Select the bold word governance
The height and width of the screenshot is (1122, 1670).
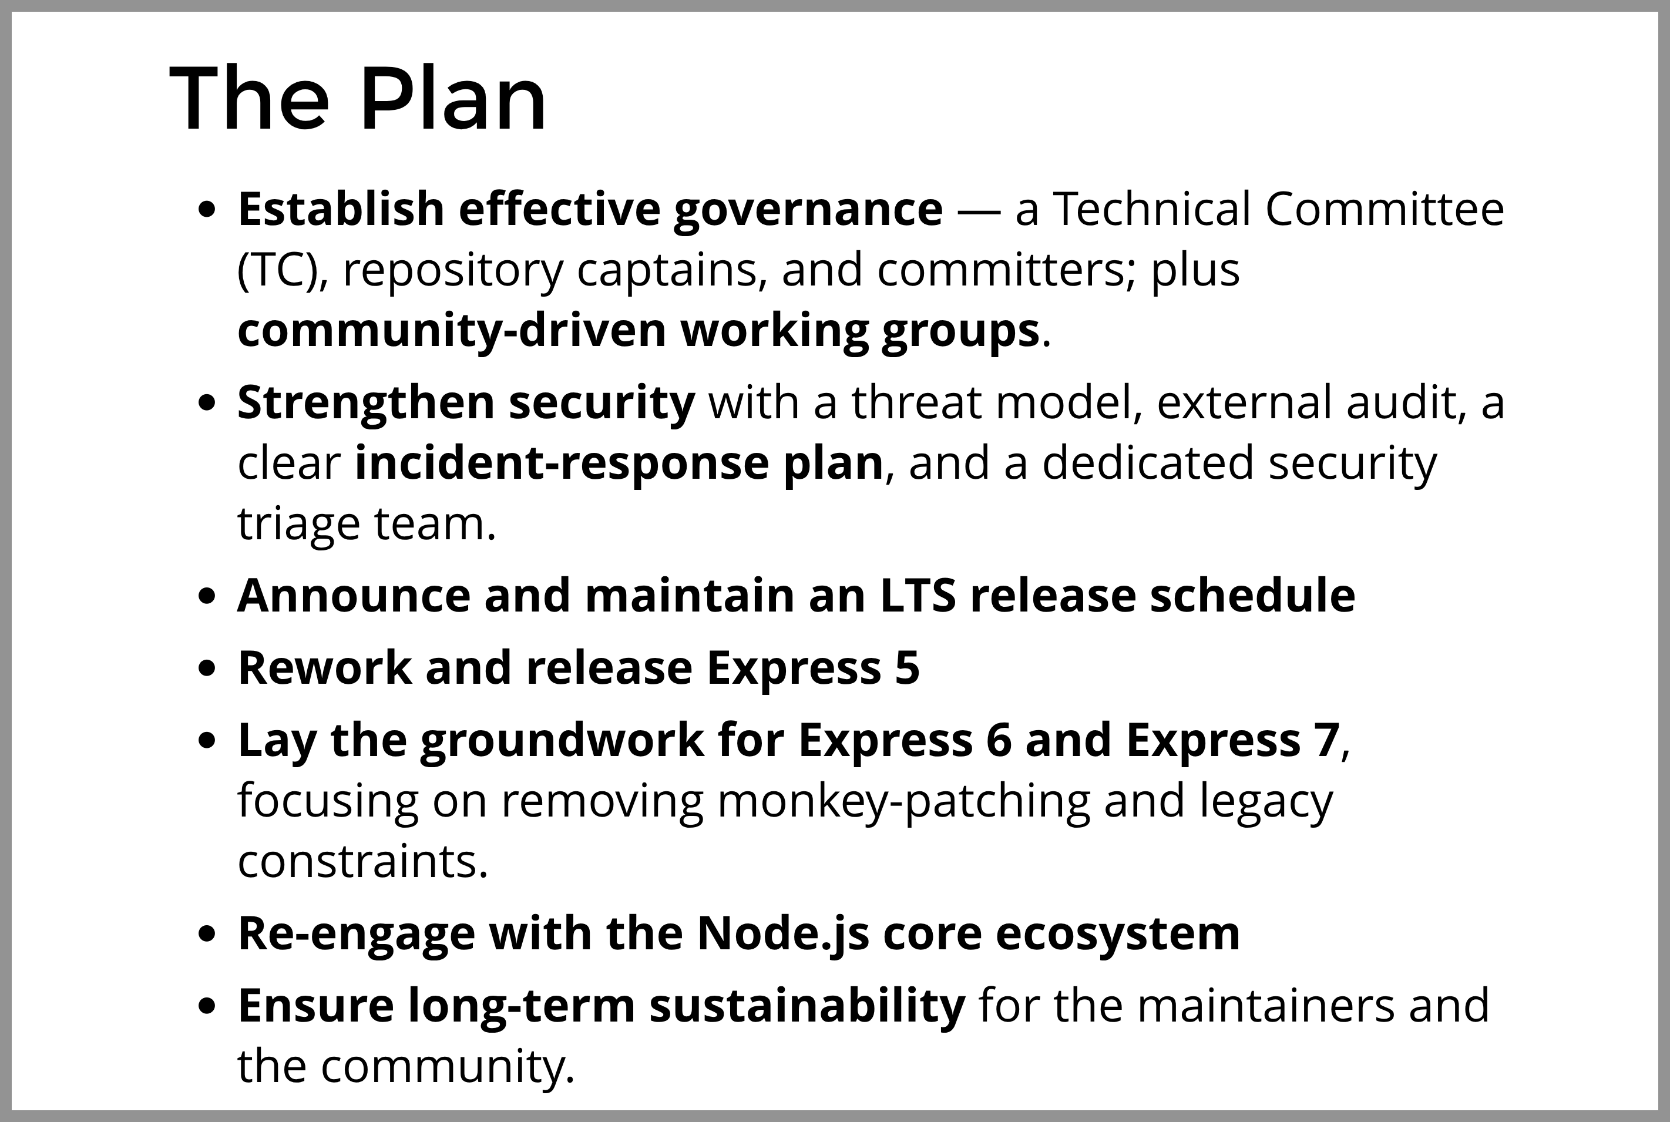click(x=808, y=209)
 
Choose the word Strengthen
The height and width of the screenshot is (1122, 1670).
click(x=365, y=402)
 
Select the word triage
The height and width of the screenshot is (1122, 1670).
click(x=298, y=525)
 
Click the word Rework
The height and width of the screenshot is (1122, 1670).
click(x=324, y=667)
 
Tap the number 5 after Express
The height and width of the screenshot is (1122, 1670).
click(x=906, y=667)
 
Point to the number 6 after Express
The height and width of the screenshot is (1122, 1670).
click(x=998, y=740)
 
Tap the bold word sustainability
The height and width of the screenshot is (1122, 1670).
click(x=807, y=1005)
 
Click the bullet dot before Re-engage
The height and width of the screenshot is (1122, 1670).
click(x=207, y=935)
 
